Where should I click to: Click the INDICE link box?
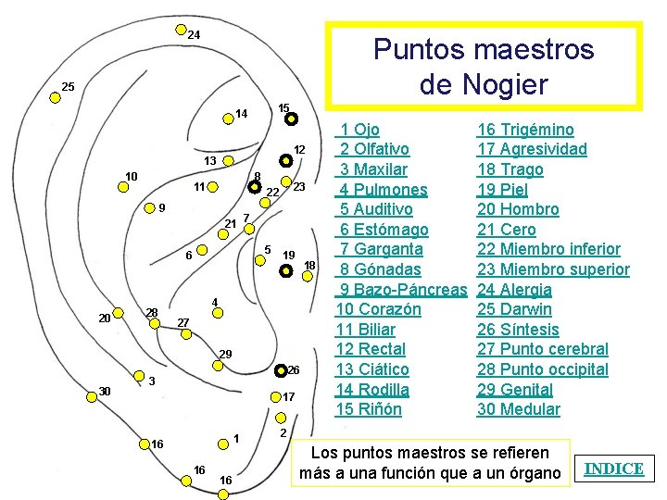click(x=614, y=469)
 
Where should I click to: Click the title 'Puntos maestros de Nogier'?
click(x=483, y=66)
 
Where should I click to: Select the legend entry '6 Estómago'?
click(x=384, y=230)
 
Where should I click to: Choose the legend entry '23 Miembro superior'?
click(x=553, y=269)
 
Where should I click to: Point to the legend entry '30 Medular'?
click(x=518, y=409)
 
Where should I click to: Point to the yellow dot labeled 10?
click(x=122, y=186)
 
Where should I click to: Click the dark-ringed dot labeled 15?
click(x=290, y=119)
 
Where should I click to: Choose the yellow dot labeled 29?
click(x=218, y=366)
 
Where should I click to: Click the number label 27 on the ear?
click(x=183, y=322)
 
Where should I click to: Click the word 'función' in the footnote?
click(x=464, y=474)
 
